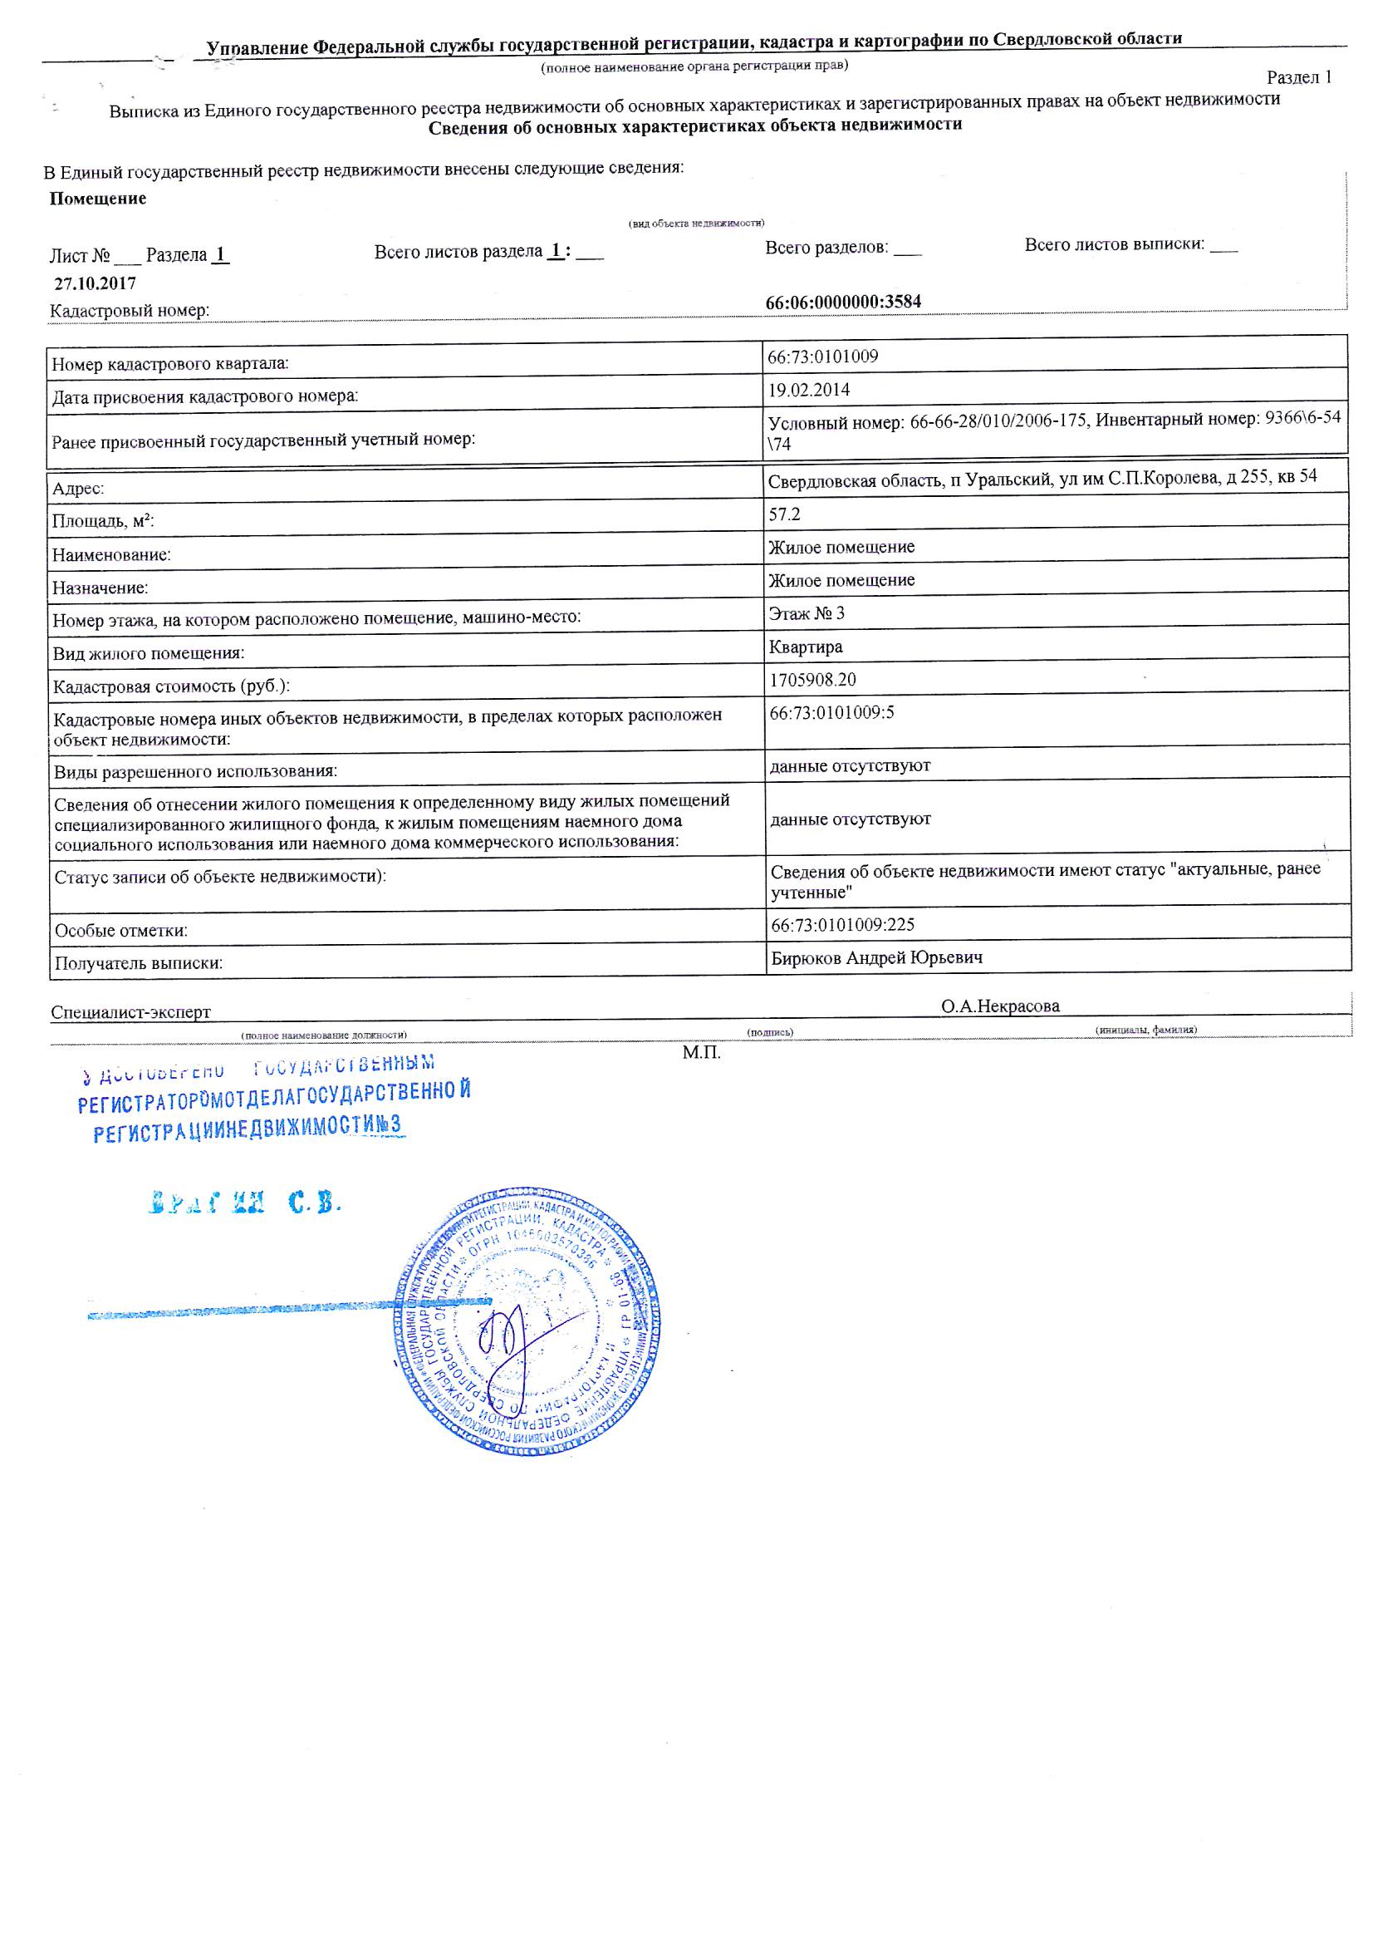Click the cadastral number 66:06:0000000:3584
click(x=842, y=302)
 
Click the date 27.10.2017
click(x=95, y=283)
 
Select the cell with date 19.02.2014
click(x=809, y=389)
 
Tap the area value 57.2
click(x=784, y=514)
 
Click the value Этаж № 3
click(x=807, y=612)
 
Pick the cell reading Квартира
click(x=806, y=647)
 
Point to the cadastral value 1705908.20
click(x=812, y=680)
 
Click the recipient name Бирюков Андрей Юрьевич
click(x=876, y=957)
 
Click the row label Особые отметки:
click(x=121, y=931)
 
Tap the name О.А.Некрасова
click(x=1000, y=1006)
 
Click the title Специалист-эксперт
click(x=130, y=1012)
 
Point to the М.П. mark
click(x=701, y=1053)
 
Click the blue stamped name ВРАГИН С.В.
click(x=244, y=1203)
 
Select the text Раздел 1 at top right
click(x=1298, y=77)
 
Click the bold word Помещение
click(x=97, y=199)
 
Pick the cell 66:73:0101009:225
click(x=842, y=924)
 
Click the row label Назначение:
click(x=100, y=588)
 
